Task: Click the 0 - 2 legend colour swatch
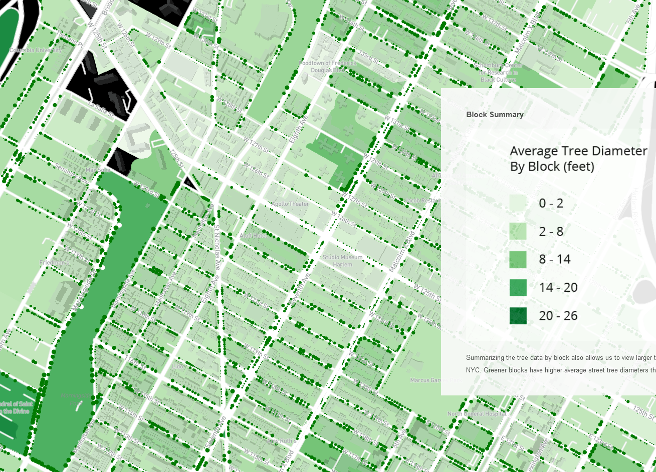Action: (x=518, y=203)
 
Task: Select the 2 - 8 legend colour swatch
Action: (x=518, y=231)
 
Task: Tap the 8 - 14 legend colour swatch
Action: (x=518, y=259)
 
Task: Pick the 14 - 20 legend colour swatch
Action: (x=518, y=287)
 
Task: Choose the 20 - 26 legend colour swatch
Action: (x=518, y=316)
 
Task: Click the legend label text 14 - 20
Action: (x=558, y=287)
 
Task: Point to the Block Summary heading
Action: (x=495, y=115)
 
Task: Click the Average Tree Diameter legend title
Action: (x=578, y=158)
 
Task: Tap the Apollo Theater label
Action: (x=290, y=204)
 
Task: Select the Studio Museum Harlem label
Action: (x=342, y=260)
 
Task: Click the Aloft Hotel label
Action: (x=253, y=236)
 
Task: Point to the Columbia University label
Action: (x=36, y=51)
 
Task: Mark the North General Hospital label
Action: (x=477, y=414)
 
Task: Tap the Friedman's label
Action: (x=54, y=263)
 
